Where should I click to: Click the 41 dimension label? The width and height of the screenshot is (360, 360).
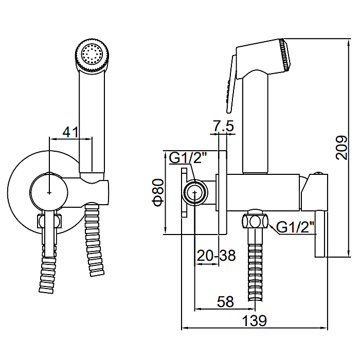tap(71, 132)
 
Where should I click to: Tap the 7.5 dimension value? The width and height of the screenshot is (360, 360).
tap(223, 125)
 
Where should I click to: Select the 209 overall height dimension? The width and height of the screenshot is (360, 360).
tap(341, 148)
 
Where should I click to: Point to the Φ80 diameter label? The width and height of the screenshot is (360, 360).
tap(158, 192)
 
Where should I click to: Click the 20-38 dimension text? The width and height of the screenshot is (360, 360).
tap(217, 255)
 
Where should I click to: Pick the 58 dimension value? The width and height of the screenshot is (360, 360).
tap(225, 302)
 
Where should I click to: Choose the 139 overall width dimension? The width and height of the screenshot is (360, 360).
tap(255, 320)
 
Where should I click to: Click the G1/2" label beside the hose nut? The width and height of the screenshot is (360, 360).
tap(295, 227)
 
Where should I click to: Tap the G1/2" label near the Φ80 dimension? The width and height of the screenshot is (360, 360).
tap(188, 158)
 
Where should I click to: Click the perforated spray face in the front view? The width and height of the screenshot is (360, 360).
tap(92, 54)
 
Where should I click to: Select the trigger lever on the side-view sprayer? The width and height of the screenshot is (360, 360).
tap(231, 84)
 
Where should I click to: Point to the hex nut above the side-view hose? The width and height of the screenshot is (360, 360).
tap(255, 221)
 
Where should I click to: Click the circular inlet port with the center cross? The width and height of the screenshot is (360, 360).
tap(195, 192)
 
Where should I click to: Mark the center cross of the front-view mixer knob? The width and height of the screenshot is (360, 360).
tap(49, 192)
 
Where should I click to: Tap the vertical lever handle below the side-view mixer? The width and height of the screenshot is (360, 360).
tap(320, 233)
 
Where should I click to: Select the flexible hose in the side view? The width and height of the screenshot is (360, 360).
tap(255, 264)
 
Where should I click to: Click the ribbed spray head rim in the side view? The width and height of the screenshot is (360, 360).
tap(284, 55)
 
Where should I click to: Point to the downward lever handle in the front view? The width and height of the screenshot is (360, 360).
tap(49, 232)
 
